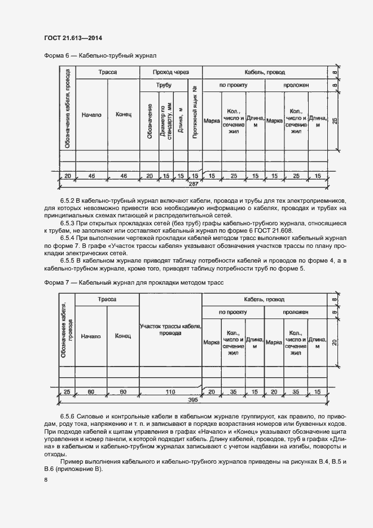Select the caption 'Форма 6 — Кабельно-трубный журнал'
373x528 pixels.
pos(100,56)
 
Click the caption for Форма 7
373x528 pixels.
pos(134,282)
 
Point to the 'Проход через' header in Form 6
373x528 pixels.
pos(170,73)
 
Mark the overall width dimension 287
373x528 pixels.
pos(194,184)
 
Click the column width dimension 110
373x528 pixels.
pos(171,391)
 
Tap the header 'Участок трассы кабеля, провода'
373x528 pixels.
pos(171,329)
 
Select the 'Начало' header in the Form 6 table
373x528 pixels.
pos(91,115)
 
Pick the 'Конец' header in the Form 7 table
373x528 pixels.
pos(122,336)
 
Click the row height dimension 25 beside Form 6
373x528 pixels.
pos(335,121)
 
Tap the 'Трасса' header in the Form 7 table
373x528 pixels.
pos(107,299)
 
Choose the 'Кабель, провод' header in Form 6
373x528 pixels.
pos(264,73)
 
